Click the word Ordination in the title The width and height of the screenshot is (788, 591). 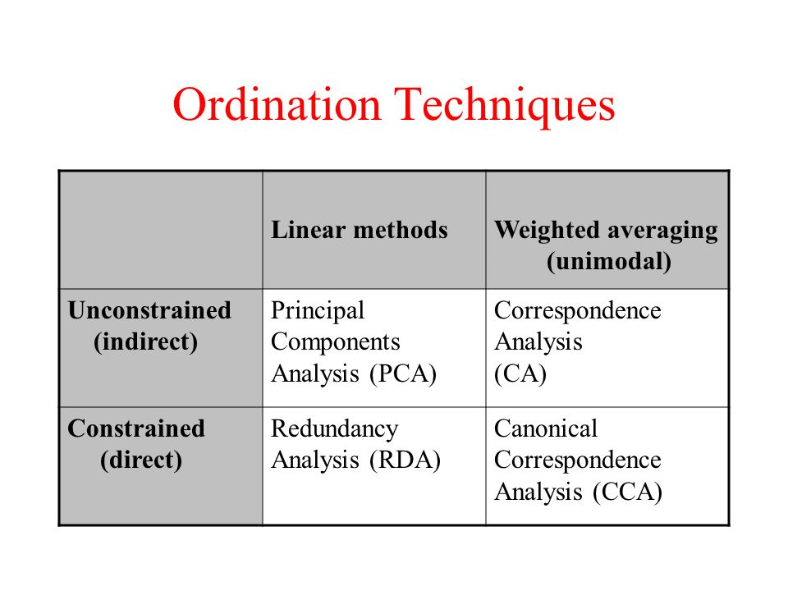pyautogui.click(x=277, y=104)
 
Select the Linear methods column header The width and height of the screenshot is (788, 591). pyautogui.click(x=360, y=230)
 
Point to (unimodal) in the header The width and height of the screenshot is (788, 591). pyautogui.click(x=609, y=262)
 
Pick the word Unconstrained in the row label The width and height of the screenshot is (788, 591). pyautogui.click(x=149, y=310)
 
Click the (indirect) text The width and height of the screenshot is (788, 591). pyautogui.click(x=146, y=342)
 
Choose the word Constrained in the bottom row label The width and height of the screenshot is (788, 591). pyautogui.click(x=136, y=428)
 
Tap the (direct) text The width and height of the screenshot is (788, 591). pyautogui.click(x=141, y=460)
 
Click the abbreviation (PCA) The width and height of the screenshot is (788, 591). pyautogui.click(x=403, y=374)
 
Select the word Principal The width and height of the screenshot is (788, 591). pyautogui.click(x=318, y=311)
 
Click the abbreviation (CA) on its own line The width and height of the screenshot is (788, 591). pyautogui.click(x=520, y=374)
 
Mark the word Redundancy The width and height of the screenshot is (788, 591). pyautogui.click(x=335, y=429)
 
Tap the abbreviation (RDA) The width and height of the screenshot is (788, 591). pyautogui.click(x=405, y=460)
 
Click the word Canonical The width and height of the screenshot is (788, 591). pyautogui.click(x=546, y=428)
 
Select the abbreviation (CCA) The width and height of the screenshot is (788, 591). pyautogui.click(x=628, y=492)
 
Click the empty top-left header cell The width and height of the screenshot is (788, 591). pyautogui.click(x=161, y=230)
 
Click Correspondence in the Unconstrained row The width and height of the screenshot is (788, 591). pyautogui.click(x=577, y=311)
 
